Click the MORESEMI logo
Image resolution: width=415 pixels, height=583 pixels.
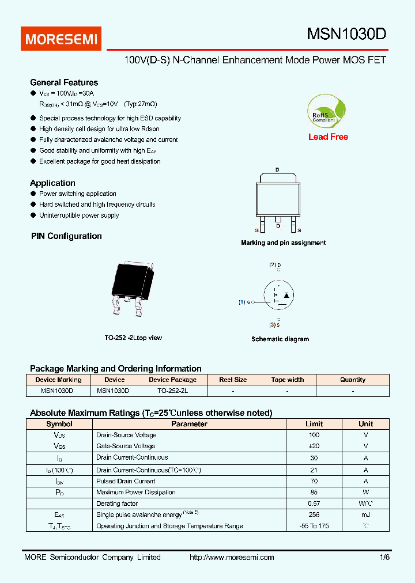click(x=62, y=39)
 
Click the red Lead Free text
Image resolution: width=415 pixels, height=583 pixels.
click(x=328, y=137)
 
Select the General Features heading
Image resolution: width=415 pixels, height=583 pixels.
click(x=64, y=82)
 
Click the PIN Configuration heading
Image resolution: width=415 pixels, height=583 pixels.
click(x=66, y=236)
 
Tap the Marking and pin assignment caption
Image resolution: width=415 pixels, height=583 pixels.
click(x=283, y=243)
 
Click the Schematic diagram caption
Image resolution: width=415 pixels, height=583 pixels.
click(x=280, y=339)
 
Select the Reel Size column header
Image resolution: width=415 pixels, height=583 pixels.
click(x=233, y=380)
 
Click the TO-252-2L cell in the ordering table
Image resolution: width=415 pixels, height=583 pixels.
click(x=173, y=391)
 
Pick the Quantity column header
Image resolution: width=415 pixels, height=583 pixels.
click(x=353, y=380)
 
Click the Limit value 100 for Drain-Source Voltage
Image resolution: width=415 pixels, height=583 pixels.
click(x=314, y=435)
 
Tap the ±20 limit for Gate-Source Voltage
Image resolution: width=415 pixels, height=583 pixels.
click(x=314, y=446)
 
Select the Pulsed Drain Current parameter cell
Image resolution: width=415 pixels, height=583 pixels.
click(x=126, y=481)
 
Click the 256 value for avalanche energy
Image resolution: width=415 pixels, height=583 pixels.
click(x=314, y=514)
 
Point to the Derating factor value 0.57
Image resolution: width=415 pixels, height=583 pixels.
click(x=314, y=503)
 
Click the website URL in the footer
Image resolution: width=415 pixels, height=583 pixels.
click(x=232, y=557)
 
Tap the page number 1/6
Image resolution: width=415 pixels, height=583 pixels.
click(x=384, y=557)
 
